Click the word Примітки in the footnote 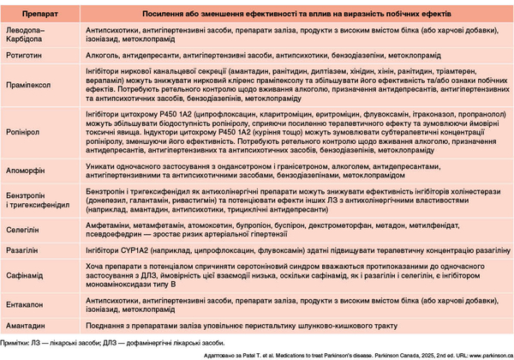click(15, 342)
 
